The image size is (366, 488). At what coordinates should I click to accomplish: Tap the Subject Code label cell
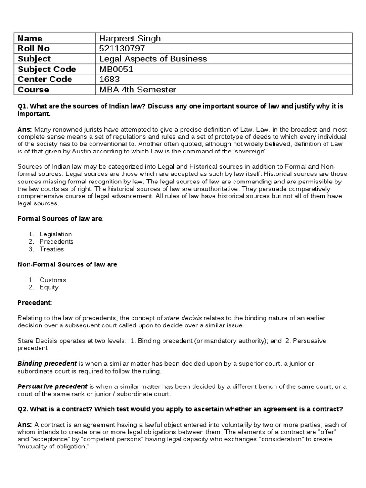coord(47,69)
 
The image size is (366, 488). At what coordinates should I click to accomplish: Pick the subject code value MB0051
coord(116,69)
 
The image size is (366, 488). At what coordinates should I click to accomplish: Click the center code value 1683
coord(109,79)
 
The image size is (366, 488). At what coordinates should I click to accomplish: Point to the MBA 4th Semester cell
coord(137,90)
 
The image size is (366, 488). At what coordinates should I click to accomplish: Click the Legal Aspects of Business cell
coord(152,59)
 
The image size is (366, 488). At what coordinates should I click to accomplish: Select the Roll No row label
coord(33,49)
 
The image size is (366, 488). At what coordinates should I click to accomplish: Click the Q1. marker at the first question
coord(23,107)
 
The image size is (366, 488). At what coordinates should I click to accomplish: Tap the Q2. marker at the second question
coord(23,409)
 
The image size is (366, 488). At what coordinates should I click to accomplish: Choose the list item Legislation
coord(56,234)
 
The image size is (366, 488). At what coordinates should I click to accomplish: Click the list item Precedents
coord(57,242)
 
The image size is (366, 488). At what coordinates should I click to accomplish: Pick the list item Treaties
coord(51,249)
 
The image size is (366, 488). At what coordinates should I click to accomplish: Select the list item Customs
coord(53,280)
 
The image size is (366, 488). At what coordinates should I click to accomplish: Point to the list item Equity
coord(49,287)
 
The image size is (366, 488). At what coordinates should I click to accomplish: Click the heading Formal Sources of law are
coord(60,218)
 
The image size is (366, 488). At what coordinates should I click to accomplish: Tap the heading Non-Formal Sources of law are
coord(67,264)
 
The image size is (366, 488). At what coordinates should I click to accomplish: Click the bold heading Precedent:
coord(35,303)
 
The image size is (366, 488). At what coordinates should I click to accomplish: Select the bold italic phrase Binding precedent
coord(47,364)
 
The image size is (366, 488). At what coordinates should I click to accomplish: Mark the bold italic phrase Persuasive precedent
coord(52,386)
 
